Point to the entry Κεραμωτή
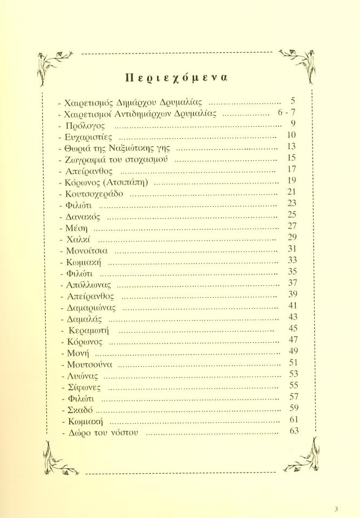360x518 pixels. pos(90,330)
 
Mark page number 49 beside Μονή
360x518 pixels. pos(294,351)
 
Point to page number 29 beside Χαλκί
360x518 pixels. pos(294,237)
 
